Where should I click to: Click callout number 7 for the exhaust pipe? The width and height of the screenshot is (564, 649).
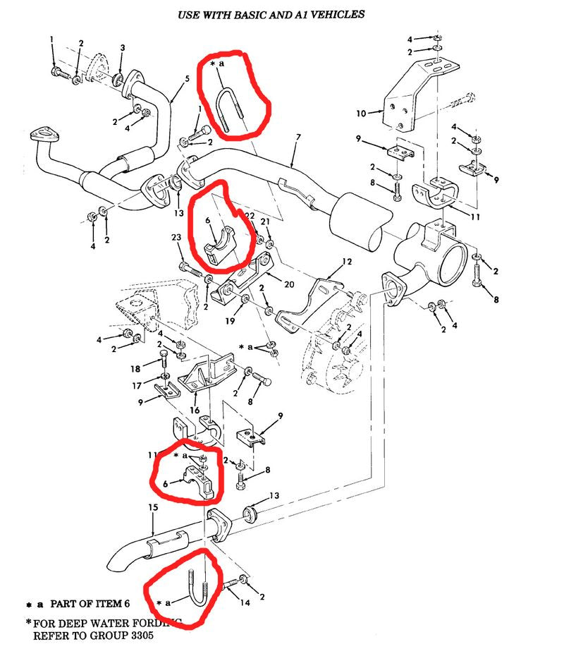pyautogui.click(x=298, y=135)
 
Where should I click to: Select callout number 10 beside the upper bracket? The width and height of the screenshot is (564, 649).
pyautogui.click(x=362, y=113)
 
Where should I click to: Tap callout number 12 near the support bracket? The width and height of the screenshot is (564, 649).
pyautogui.click(x=347, y=262)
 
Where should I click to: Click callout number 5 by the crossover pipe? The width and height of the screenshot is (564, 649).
pyautogui.click(x=187, y=79)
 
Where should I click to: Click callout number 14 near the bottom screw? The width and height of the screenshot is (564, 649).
pyautogui.click(x=245, y=604)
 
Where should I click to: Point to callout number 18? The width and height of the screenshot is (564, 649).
pyautogui.click(x=136, y=369)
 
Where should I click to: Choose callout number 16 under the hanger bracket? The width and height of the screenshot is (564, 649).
pyautogui.click(x=195, y=410)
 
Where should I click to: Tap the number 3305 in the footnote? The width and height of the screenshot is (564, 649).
pyautogui.click(x=138, y=635)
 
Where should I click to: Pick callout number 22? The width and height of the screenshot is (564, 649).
pyautogui.click(x=250, y=215)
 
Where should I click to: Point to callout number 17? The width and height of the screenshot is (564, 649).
pyautogui.click(x=136, y=386)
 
